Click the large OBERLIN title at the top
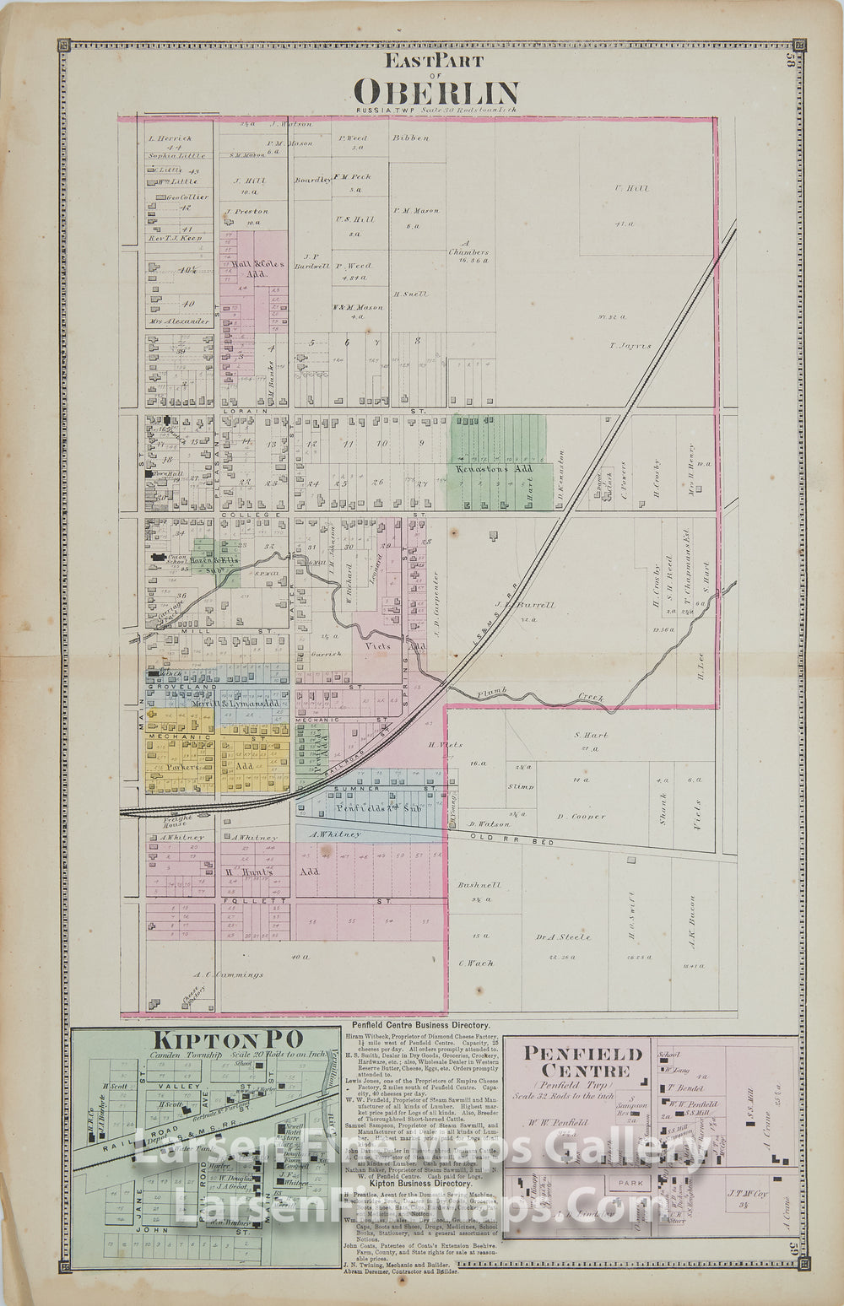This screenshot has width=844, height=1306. coord(436,90)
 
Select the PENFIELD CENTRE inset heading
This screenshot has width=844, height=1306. coord(583,1062)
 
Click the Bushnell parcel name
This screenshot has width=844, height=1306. coord(479,885)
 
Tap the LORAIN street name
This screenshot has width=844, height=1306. coord(253,411)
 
